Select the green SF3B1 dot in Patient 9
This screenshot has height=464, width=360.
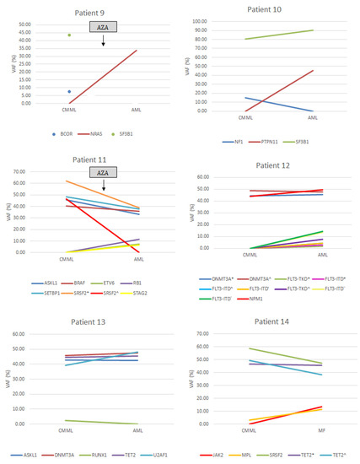69,35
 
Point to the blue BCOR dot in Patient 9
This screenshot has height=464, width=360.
69,91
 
